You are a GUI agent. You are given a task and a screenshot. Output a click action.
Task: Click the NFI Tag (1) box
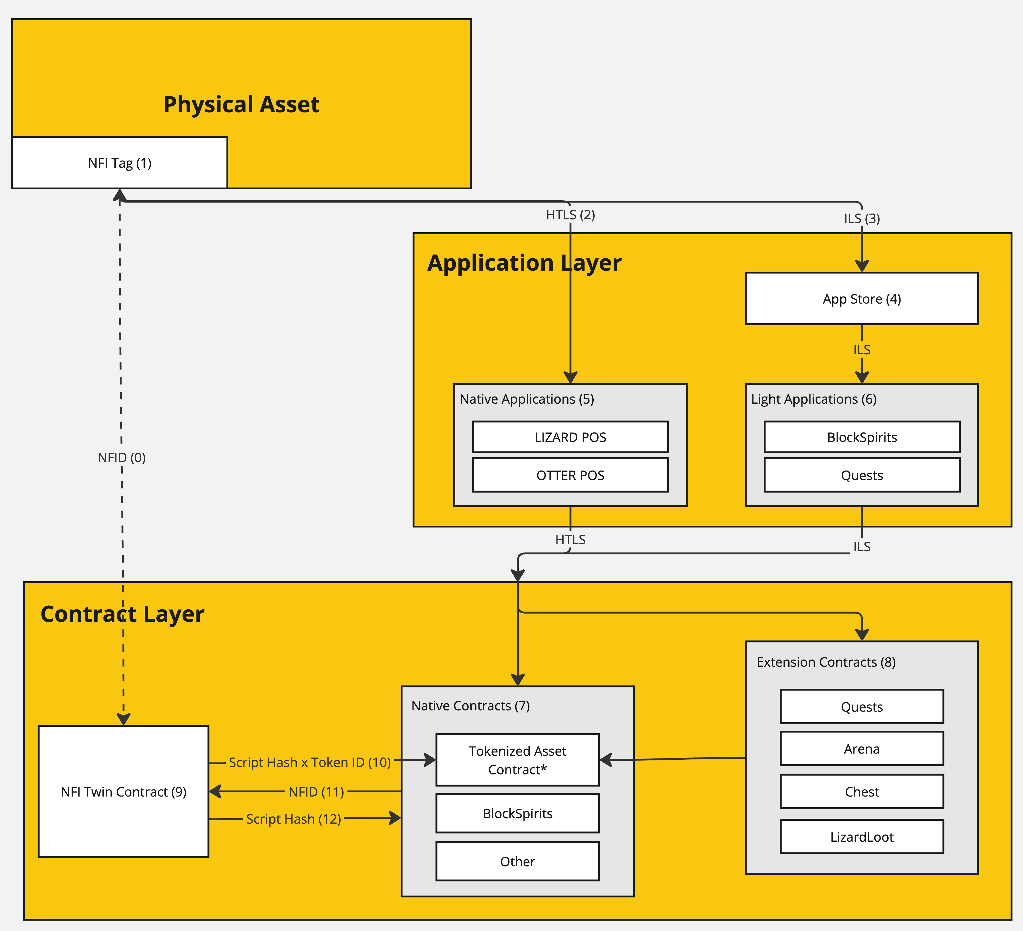(x=120, y=163)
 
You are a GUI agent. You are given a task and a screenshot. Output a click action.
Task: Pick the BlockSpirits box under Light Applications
(x=862, y=437)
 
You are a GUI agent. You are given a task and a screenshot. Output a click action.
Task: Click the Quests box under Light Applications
(x=862, y=475)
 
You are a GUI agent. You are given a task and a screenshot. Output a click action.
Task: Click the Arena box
(x=862, y=749)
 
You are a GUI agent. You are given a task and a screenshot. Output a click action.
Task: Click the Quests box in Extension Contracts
(x=862, y=707)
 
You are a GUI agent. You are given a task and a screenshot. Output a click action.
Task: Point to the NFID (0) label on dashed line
(x=122, y=457)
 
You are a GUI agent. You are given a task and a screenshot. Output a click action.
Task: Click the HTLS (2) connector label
(x=570, y=215)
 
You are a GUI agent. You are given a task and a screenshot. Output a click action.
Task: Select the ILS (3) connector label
(x=862, y=218)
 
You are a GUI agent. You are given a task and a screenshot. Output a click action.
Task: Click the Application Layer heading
(x=524, y=263)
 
